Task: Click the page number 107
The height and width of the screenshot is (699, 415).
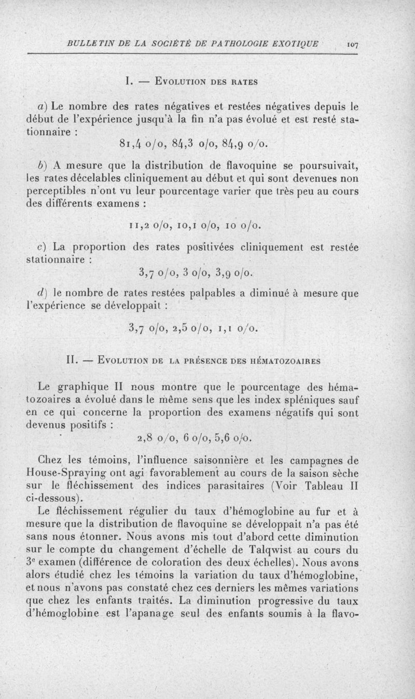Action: (354, 45)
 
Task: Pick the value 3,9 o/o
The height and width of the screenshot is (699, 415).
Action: (240, 273)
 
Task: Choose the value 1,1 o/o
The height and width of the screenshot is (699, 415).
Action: (242, 328)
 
